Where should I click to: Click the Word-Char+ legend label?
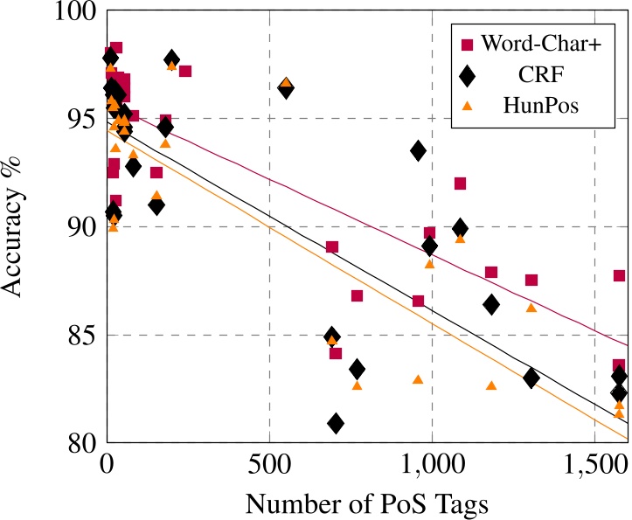[538, 41]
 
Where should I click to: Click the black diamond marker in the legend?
[467, 74]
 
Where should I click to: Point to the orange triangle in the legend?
[467, 106]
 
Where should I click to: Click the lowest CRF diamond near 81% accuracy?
[336, 424]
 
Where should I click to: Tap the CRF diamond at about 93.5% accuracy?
[418, 150]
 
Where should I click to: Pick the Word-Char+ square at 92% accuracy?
[460, 184]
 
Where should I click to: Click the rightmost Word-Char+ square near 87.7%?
[619, 276]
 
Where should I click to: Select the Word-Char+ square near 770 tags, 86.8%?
[357, 295]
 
